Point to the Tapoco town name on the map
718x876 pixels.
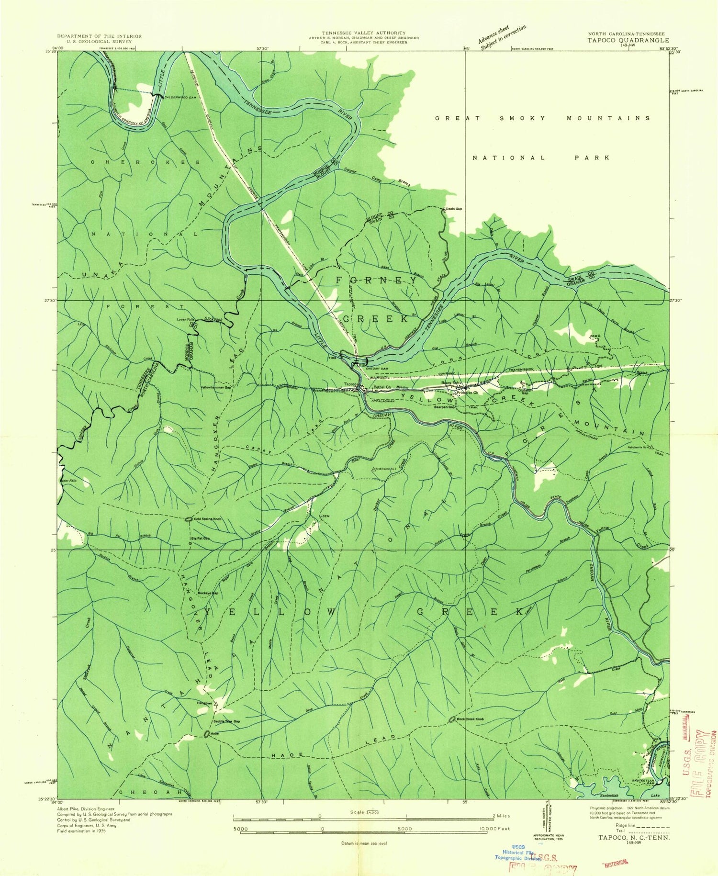tap(350, 384)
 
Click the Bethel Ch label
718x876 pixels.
tap(382, 387)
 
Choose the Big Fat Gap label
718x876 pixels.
tap(200, 538)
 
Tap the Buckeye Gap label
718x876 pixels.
tap(208, 593)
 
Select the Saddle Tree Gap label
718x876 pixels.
tap(226, 721)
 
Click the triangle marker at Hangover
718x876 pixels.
tap(216, 704)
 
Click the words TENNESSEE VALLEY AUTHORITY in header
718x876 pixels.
tap(364, 33)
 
